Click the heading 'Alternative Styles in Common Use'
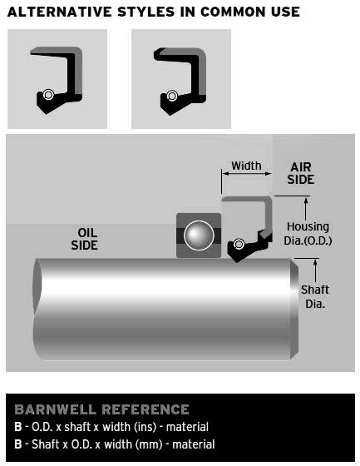(x=153, y=12)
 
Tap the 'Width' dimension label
(x=246, y=166)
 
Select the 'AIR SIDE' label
(x=301, y=173)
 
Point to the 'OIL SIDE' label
(x=85, y=239)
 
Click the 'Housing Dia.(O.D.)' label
(x=308, y=233)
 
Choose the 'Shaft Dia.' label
(x=315, y=296)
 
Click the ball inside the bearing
(x=199, y=235)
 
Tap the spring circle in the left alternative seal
(x=48, y=95)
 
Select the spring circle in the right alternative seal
(x=171, y=96)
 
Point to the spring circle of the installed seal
(x=239, y=244)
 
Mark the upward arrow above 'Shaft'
(x=315, y=270)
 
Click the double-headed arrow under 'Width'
(x=247, y=174)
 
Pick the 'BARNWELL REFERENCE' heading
(x=101, y=409)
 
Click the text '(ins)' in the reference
(x=145, y=427)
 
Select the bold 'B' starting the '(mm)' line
(x=18, y=444)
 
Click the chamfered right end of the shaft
(x=294, y=309)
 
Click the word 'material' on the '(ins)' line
(x=187, y=427)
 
